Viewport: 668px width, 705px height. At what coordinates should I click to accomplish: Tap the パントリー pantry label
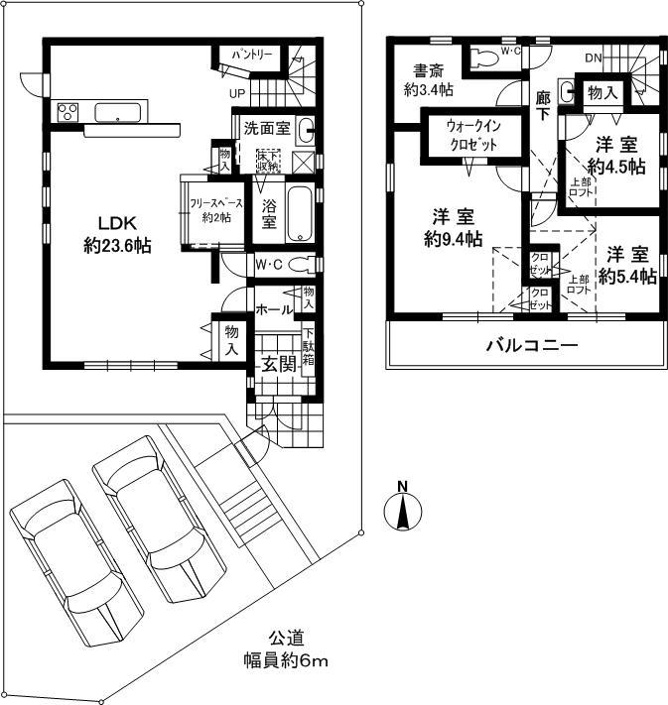253,52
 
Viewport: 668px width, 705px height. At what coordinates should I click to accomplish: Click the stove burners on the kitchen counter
68,111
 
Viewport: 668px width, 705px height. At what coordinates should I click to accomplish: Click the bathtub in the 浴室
299,213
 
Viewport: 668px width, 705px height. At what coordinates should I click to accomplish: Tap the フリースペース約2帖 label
209,210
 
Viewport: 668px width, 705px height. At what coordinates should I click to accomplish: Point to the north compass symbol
402,510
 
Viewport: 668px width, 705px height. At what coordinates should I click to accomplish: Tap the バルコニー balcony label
531,347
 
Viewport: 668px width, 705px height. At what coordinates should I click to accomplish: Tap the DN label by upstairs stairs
593,59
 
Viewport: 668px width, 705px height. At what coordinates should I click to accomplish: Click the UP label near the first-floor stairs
237,93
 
